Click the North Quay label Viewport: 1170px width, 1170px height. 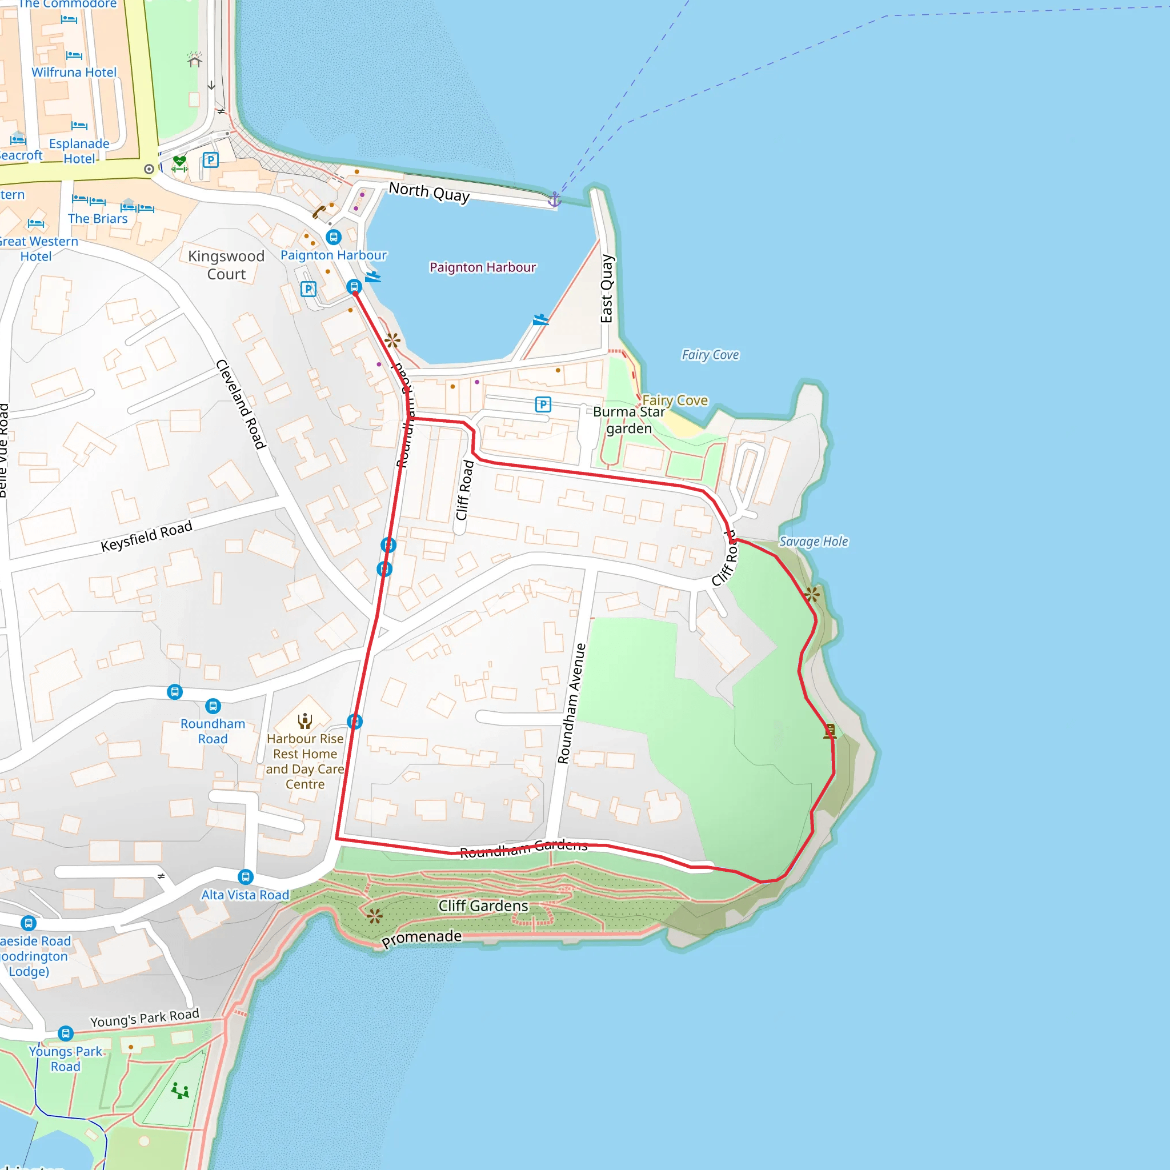point(429,192)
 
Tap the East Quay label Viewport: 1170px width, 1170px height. point(607,289)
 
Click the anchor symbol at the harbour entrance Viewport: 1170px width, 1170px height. point(554,199)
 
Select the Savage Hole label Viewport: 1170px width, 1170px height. point(814,542)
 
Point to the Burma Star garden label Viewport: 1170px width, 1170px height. point(628,420)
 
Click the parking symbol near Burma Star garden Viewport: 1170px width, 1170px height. point(543,404)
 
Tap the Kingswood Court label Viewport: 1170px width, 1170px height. point(226,265)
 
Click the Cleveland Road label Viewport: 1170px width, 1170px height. point(241,404)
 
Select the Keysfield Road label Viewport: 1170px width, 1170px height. point(147,536)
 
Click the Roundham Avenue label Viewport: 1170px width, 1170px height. point(572,703)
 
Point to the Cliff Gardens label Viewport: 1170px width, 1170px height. point(483,905)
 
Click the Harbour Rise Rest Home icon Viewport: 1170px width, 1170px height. point(304,720)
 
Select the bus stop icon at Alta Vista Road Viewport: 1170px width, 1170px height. point(245,877)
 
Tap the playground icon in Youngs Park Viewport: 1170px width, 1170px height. point(180,1091)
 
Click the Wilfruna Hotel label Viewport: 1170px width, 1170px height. point(74,72)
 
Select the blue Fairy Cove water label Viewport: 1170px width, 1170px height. point(710,355)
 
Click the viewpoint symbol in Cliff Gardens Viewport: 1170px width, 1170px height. point(374,916)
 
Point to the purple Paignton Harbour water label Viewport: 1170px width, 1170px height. point(483,267)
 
